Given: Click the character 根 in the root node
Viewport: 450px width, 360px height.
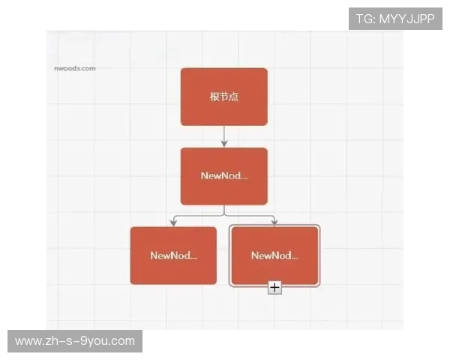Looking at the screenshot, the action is [214, 97].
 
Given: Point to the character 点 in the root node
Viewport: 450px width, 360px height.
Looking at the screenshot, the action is [234, 97].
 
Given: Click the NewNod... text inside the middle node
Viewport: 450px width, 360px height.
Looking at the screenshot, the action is [223, 175].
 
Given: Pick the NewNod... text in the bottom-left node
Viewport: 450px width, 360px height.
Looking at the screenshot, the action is [173, 255].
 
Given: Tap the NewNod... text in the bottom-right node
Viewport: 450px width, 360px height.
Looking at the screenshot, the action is [274, 255].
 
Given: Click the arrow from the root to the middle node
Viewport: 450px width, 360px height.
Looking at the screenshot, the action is [223, 136].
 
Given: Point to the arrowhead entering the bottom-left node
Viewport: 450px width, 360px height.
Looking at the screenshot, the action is [173, 223].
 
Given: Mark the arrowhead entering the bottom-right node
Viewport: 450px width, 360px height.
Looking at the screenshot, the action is [274, 223].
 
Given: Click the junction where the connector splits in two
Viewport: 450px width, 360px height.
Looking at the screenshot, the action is [223, 215].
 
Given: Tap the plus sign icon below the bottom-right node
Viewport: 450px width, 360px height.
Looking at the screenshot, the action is [274, 286].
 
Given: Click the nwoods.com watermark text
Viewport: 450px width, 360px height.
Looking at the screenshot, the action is [74, 68].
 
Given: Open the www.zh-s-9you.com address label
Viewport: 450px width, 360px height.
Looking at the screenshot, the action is [75, 341].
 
